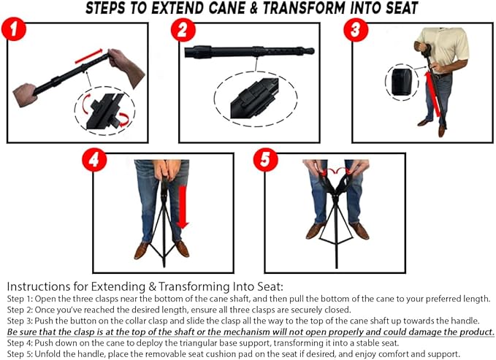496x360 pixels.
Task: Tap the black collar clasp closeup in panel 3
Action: click(x=400, y=83)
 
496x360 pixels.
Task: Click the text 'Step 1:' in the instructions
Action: click(x=20, y=300)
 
